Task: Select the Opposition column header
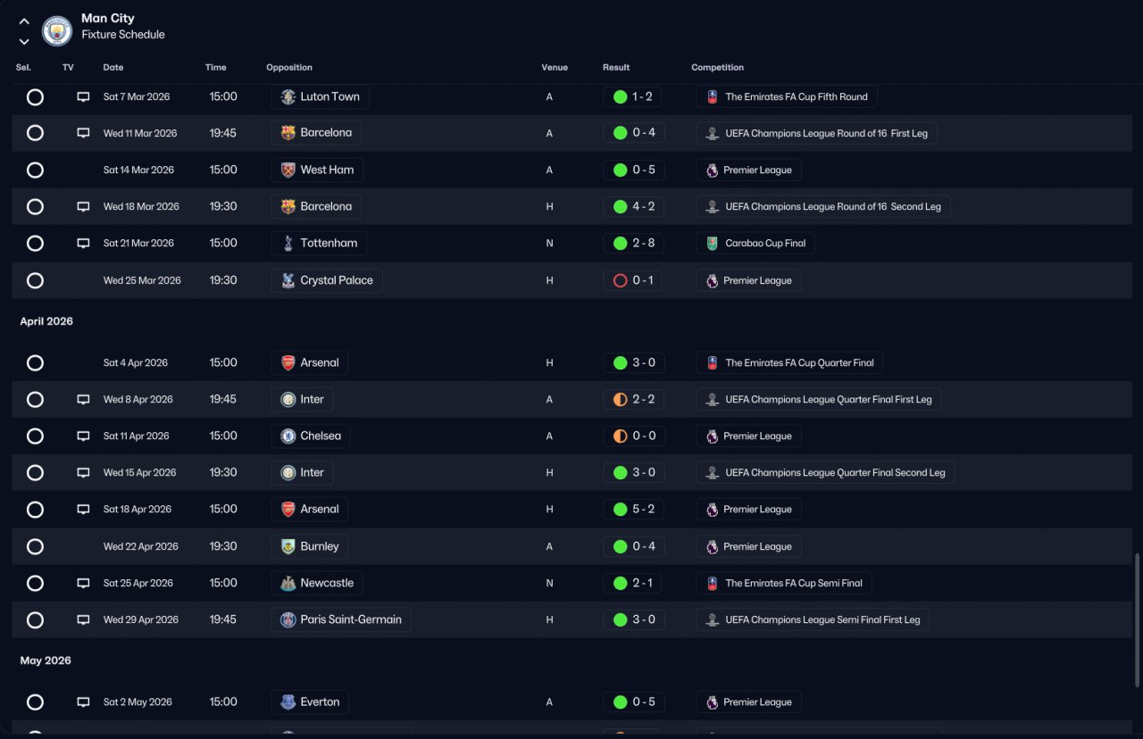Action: pos(289,68)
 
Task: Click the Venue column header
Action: pos(554,68)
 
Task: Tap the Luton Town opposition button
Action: pos(320,96)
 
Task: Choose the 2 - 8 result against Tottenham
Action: pos(633,243)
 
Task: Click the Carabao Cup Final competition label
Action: pos(755,243)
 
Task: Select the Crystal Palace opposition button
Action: pos(327,280)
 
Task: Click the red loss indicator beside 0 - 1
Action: pos(620,280)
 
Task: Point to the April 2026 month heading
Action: pos(46,321)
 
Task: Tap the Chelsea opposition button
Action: pos(311,436)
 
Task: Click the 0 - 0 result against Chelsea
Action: pos(633,436)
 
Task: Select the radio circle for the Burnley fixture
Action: pos(35,546)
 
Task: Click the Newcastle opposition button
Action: pos(317,583)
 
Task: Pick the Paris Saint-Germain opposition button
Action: pos(341,619)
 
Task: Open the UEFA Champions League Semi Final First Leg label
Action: pos(813,619)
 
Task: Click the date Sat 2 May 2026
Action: pos(138,702)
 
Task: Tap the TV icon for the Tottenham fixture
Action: pos(83,243)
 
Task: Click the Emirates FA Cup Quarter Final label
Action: pos(789,362)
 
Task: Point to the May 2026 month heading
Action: pos(46,660)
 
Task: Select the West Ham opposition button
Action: pos(317,170)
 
